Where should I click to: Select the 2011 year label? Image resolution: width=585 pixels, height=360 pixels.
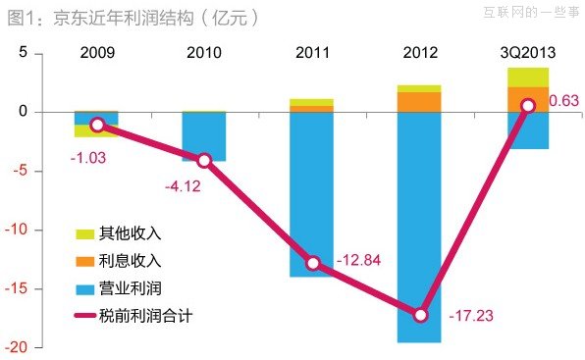pyautogui.click(x=312, y=52)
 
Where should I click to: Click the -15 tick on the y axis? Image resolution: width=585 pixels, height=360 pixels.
pyautogui.click(x=26, y=289)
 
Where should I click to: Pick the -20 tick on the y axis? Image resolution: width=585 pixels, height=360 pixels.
pyautogui.click(x=26, y=348)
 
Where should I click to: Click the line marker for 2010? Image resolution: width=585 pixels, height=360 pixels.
pyautogui.click(x=204, y=161)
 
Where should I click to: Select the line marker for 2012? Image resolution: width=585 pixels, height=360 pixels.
pyautogui.click(x=420, y=315)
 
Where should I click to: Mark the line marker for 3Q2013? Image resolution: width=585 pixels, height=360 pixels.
pyautogui.click(x=528, y=105)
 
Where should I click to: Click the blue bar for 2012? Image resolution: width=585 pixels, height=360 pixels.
pyautogui.click(x=419, y=226)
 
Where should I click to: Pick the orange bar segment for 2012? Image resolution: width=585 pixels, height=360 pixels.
pyautogui.click(x=419, y=102)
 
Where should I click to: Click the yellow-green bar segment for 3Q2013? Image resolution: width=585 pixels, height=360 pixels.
pyautogui.click(x=528, y=77)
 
